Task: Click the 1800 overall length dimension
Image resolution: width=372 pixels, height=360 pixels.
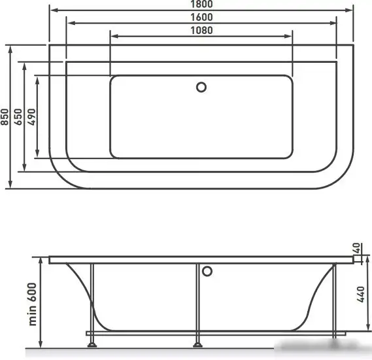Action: tap(201, 5)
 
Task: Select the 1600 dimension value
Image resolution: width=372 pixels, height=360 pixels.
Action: tap(201, 18)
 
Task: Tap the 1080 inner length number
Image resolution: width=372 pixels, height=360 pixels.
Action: tap(201, 30)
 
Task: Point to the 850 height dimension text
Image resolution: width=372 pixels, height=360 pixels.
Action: tap(5, 116)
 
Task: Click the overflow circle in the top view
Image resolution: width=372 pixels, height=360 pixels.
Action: tap(201, 86)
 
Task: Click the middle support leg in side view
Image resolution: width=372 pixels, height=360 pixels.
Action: tap(197, 301)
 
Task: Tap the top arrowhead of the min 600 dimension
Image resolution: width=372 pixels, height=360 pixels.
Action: tap(42, 261)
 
